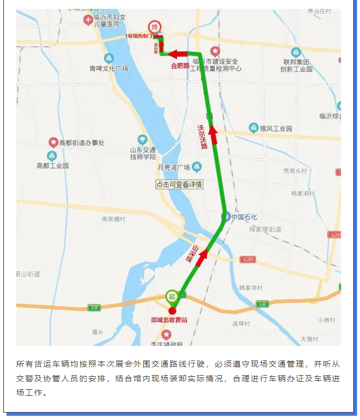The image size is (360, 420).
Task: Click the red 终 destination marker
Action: tap(154, 27)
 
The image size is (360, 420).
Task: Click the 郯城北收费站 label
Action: tap(169, 320)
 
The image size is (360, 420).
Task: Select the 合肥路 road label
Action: tap(181, 65)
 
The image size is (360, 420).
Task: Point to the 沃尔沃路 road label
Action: tap(203, 137)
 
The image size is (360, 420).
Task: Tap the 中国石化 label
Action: tap(244, 217)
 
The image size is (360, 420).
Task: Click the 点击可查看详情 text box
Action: tap(179, 184)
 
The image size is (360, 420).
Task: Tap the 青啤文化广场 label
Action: tap(109, 69)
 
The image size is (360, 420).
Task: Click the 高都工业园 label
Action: tap(52, 166)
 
